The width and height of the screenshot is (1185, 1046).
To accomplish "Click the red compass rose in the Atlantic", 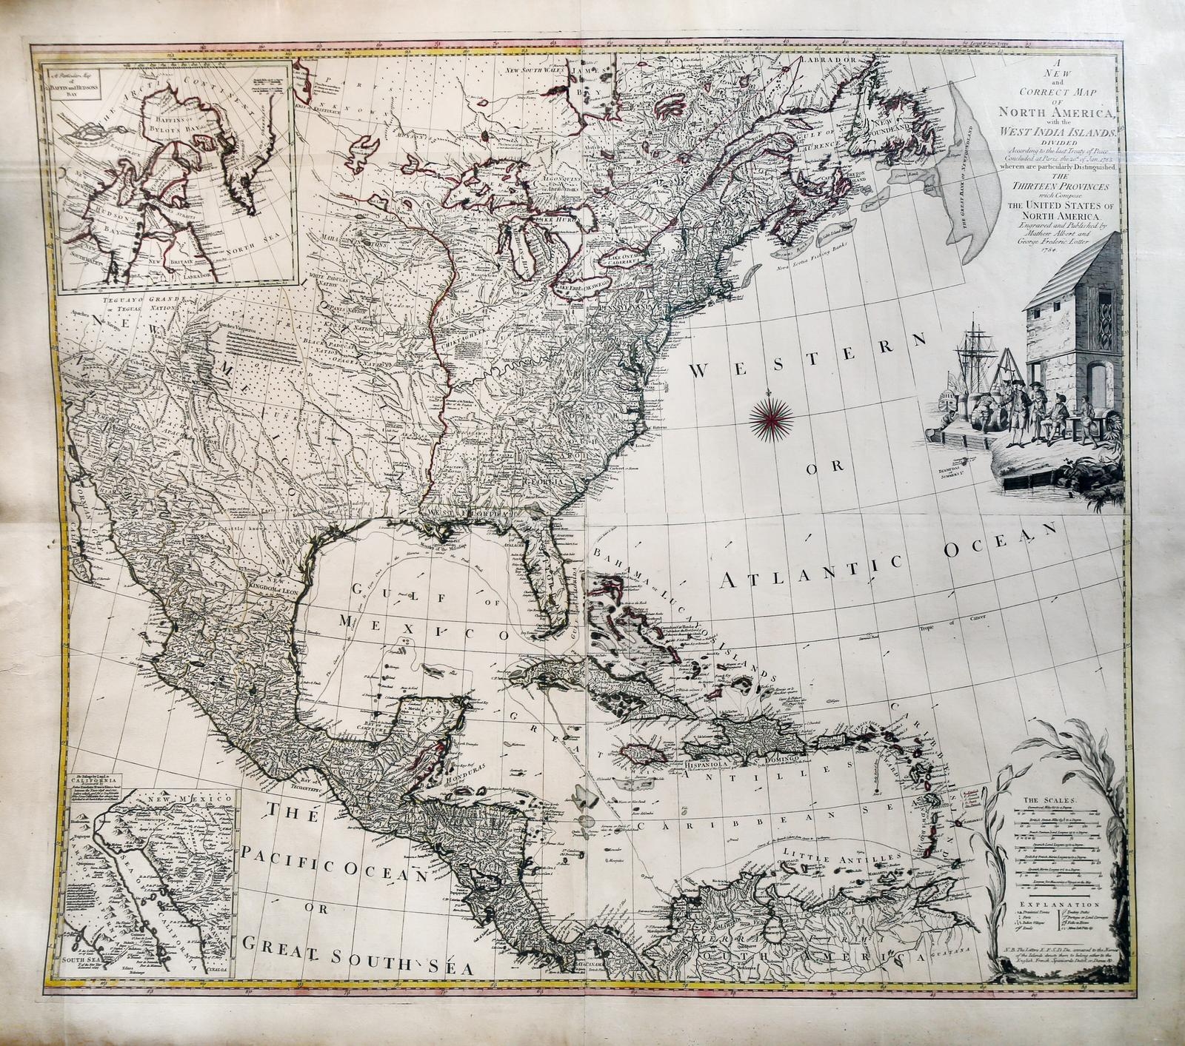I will (x=772, y=417).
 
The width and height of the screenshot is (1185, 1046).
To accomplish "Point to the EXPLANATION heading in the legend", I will (x=1049, y=905).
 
